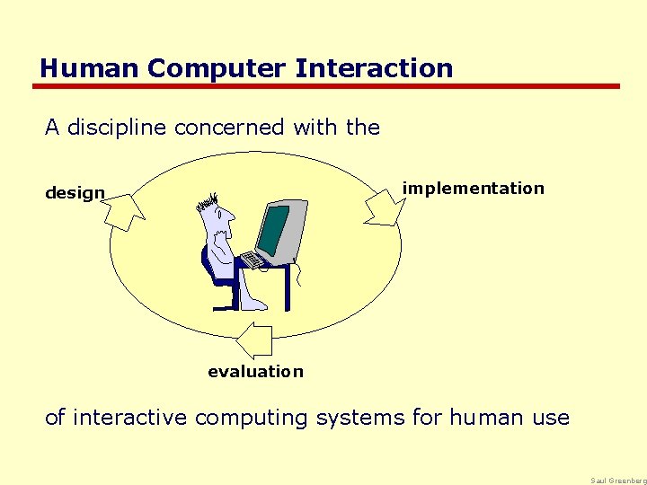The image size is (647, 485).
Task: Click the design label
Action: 75,193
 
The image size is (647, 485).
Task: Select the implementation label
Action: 473,189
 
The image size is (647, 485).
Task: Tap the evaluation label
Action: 255,372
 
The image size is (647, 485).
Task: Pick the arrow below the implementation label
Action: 385,208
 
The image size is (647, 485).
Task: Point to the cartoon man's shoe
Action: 254,304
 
